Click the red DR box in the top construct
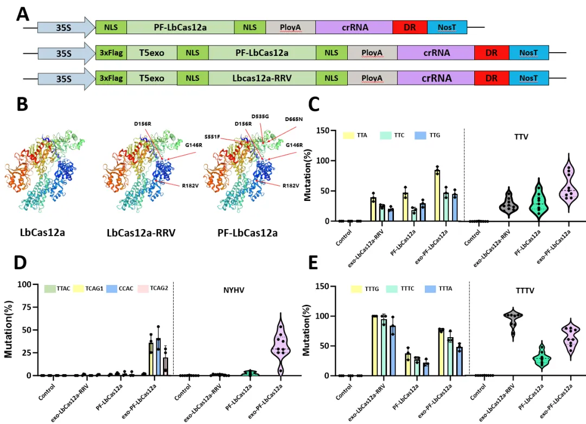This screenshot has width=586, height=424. pos(410,27)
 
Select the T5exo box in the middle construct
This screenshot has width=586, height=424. pos(152,53)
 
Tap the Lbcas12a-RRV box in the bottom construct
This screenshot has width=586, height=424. pos(262,78)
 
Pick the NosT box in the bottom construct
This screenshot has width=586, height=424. pos(528,78)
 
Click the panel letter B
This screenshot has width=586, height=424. pos(22,104)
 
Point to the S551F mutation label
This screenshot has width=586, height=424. pos(212,137)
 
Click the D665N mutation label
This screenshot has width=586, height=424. pos(294,119)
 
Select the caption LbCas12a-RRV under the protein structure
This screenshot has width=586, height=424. pos(141,233)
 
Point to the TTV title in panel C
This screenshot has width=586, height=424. pos(521,137)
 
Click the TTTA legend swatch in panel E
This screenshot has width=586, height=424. pos(430,289)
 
